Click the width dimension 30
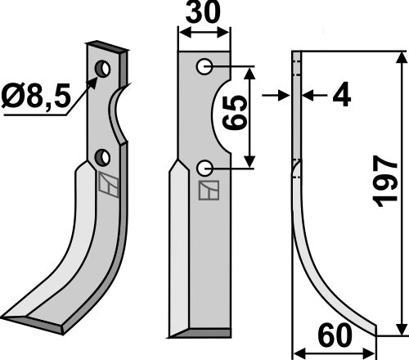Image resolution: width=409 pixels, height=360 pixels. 204,15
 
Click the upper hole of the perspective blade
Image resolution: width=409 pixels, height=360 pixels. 101,70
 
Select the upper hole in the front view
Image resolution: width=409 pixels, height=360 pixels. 204,66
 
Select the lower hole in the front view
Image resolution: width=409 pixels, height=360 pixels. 204,168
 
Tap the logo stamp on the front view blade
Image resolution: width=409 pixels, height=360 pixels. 209,191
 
